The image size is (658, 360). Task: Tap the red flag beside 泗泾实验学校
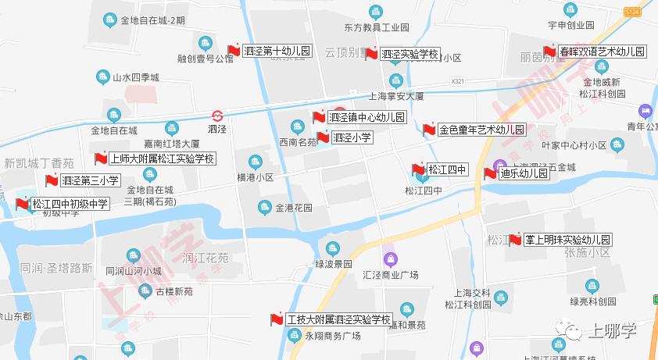372,55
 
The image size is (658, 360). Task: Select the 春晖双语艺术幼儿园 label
603,52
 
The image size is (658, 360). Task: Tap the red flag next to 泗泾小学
323,138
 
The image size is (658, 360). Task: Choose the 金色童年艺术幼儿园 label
481,130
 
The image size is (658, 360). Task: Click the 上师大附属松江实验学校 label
162,159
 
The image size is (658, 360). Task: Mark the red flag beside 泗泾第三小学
52,181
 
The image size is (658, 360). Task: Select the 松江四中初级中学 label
70,204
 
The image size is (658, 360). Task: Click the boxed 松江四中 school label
447,169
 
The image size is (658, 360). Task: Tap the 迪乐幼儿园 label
524,173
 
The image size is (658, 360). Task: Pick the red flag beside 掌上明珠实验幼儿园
515,240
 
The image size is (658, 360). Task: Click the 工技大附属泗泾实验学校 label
338,319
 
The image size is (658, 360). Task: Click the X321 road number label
458,81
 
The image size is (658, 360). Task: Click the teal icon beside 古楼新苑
145,290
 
